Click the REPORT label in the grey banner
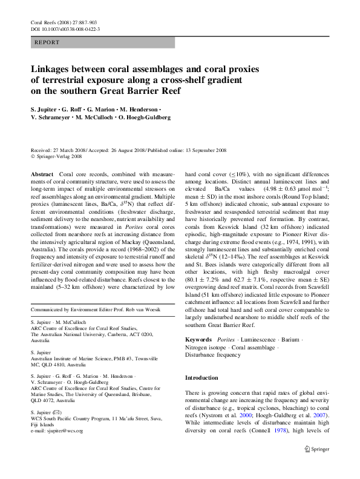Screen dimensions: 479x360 (47, 44)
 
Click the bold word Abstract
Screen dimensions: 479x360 (42, 174)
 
